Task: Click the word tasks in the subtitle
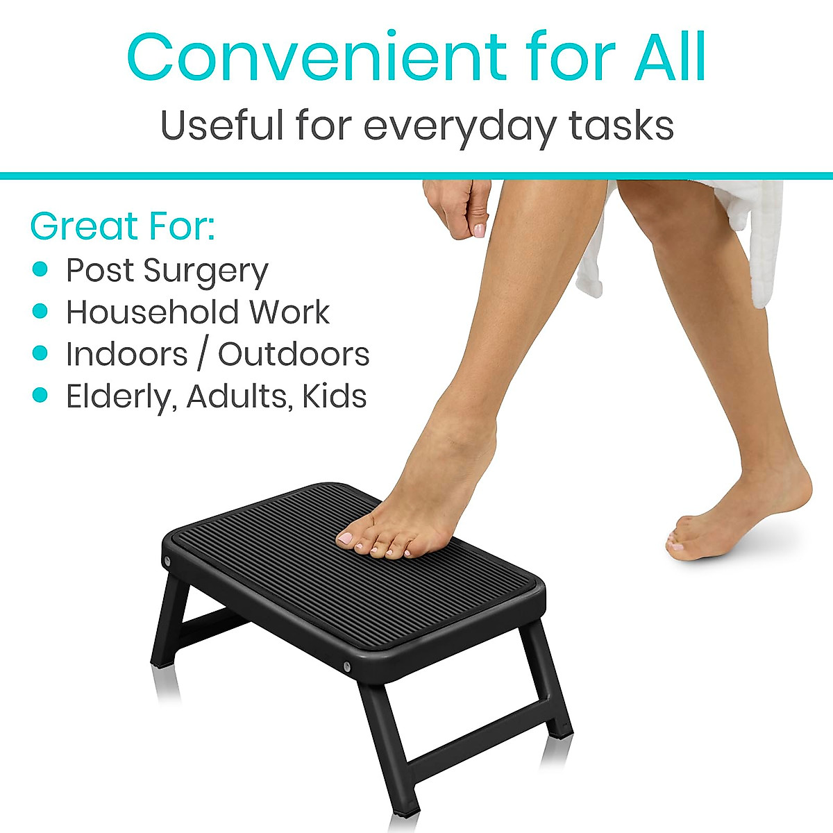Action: (621, 126)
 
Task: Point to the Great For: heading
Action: (122, 226)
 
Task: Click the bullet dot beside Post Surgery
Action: (40, 269)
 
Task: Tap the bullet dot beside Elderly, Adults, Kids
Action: (40, 395)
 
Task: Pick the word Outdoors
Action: (294, 354)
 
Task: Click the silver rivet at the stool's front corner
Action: (346, 666)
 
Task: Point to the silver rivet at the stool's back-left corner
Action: (167, 560)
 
